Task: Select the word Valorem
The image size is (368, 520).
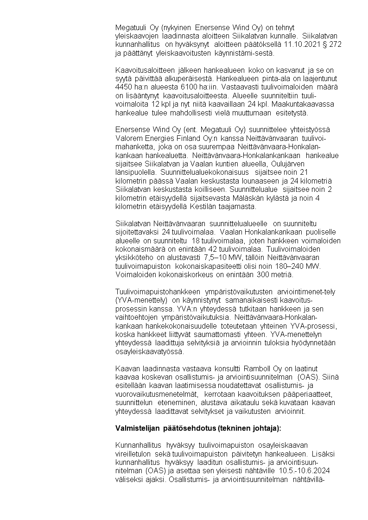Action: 127,138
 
